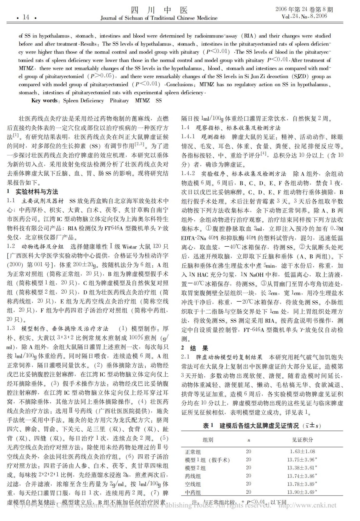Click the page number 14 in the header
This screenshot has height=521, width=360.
(x=26, y=17)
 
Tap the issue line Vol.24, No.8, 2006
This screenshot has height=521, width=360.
(x=304, y=16)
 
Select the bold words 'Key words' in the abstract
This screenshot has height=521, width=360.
(x=44, y=101)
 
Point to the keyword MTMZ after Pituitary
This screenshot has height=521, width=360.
(x=142, y=101)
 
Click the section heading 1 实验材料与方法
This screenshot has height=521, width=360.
(x=33, y=192)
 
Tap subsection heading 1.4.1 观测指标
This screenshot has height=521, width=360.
(x=203, y=137)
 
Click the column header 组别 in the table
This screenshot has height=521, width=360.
(x=208, y=440)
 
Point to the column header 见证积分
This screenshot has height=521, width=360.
(x=302, y=440)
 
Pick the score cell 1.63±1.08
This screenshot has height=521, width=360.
(x=302, y=451)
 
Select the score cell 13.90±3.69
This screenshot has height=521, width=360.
(x=302, y=492)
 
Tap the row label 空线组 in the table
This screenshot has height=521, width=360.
(x=193, y=484)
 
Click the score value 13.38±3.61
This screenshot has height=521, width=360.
(x=302, y=468)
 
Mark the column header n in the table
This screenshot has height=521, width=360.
(x=249, y=440)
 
